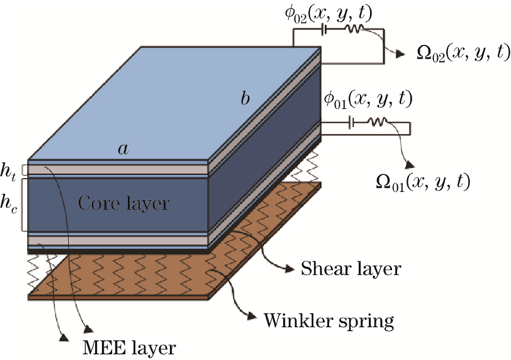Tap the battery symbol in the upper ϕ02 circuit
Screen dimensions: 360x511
pos(324,31)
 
